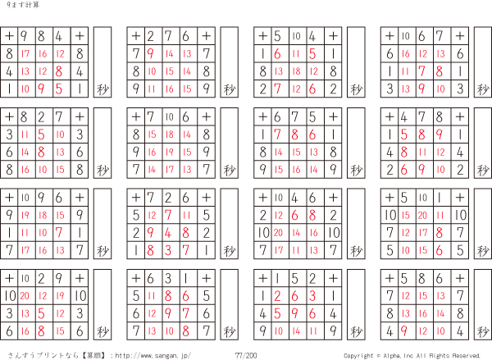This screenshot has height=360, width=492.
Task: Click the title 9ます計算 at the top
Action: click(23, 5)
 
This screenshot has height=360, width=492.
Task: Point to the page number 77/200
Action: click(246, 355)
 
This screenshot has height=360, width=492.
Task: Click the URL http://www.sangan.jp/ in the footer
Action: click(153, 356)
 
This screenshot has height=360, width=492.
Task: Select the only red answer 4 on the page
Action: click(168, 233)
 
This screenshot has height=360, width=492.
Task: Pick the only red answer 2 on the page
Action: click(277, 296)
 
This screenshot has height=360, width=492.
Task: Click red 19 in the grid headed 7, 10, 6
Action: click(170, 153)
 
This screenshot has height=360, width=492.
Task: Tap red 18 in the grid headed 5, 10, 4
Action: click(296, 71)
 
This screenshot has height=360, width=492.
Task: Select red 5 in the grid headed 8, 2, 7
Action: click(42, 134)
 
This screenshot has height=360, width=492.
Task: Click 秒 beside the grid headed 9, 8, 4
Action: click(102, 89)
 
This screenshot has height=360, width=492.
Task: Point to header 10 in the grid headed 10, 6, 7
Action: click(405, 36)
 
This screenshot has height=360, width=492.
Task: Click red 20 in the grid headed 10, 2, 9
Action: click(25, 296)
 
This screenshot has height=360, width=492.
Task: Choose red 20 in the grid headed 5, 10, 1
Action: click(422, 216)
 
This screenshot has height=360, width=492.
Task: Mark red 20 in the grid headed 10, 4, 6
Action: click(278, 233)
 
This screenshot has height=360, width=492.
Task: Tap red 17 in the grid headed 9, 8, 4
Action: click(25, 53)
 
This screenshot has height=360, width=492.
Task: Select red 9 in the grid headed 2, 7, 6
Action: click(151, 53)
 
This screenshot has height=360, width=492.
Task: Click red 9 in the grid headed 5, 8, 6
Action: click(404, 330)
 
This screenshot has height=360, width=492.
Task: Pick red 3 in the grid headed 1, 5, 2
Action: click(312, 296)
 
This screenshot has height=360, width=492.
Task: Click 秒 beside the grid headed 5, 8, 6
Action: click(483, 332)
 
